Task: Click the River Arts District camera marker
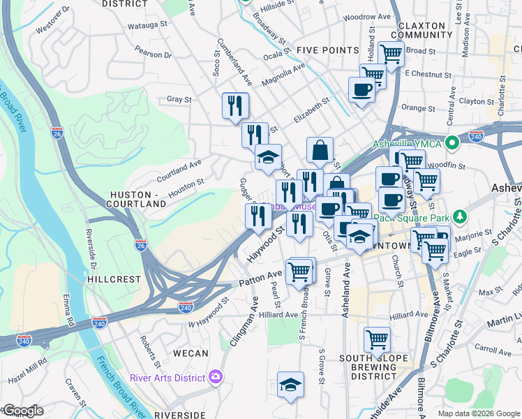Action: click(216, 377)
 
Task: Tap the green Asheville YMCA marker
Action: click(452, 144)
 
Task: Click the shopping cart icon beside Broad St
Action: click(391, 52)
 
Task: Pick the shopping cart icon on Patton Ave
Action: click(299, 271)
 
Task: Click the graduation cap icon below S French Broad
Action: click(290, 384)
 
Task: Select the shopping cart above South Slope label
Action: click(377, 340)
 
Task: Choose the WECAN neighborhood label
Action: click(191, 353)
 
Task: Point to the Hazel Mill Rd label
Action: click(26, 365)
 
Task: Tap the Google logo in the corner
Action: click(22, 411)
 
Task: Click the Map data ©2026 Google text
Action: click(479, 413)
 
